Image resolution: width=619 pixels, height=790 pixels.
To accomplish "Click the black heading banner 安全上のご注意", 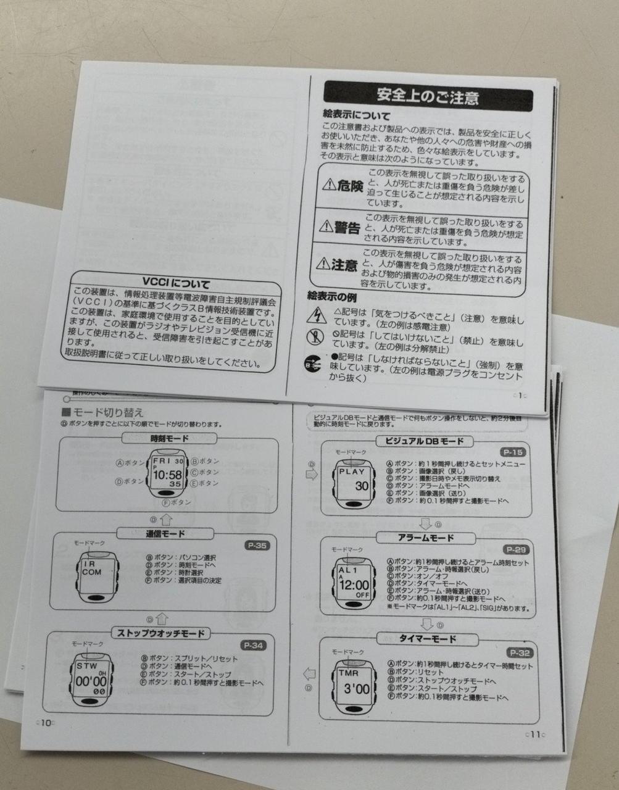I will [x=428, y=97].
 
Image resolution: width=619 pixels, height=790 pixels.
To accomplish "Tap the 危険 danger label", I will [x=343, y=186].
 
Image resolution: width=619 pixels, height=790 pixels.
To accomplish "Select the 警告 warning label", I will [x=339, y=228].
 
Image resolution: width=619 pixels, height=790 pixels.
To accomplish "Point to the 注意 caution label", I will [x=336, y=265].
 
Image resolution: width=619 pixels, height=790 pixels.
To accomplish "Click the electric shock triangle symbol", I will [x=316, y=315].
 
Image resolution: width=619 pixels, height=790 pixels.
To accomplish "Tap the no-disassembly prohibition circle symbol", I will [x=315, y=338].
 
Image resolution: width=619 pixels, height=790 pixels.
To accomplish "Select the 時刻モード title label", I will [x=169, y=439].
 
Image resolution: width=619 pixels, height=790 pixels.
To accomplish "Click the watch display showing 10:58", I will [x=167, y=473].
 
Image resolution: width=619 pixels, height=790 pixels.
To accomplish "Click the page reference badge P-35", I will [x=257, y=546].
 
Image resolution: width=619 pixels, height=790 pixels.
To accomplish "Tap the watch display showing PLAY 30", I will [x=353, y=480].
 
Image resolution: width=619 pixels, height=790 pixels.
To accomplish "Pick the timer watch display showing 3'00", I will [x=352, y=684].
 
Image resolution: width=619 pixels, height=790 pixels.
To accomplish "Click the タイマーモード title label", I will [x=427, y=639].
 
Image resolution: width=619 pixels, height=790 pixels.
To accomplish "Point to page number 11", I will [x=533, y=734].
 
